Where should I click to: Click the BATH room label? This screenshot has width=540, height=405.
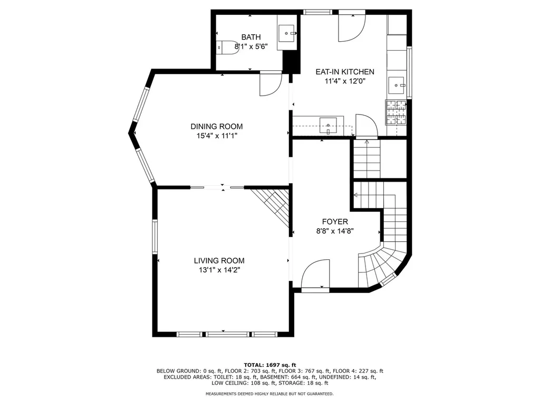(250, 37)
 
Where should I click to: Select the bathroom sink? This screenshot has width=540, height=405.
(286, 33)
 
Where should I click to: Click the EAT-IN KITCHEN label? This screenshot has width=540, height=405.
(345, 72)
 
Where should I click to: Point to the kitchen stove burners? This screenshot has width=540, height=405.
(396, 112)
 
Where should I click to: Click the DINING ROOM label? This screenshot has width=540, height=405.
(217, 126)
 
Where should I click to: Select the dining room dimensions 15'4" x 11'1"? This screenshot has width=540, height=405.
(217, 136)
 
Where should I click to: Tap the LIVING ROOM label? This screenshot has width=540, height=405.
(219, 261)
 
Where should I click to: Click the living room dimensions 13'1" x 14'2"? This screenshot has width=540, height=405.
(219, 270)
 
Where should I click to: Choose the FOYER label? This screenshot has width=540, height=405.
(335, 222)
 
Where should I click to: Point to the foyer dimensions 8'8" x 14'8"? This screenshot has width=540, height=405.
(335, 231)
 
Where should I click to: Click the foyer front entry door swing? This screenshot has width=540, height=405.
(315, 274)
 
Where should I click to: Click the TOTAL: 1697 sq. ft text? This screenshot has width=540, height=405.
(270, 365)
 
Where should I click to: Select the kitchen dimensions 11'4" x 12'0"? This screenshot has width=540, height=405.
(345, 81)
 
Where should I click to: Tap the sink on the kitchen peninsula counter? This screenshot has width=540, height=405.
(328, 126)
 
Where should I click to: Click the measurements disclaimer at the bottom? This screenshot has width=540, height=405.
(269, 393)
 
